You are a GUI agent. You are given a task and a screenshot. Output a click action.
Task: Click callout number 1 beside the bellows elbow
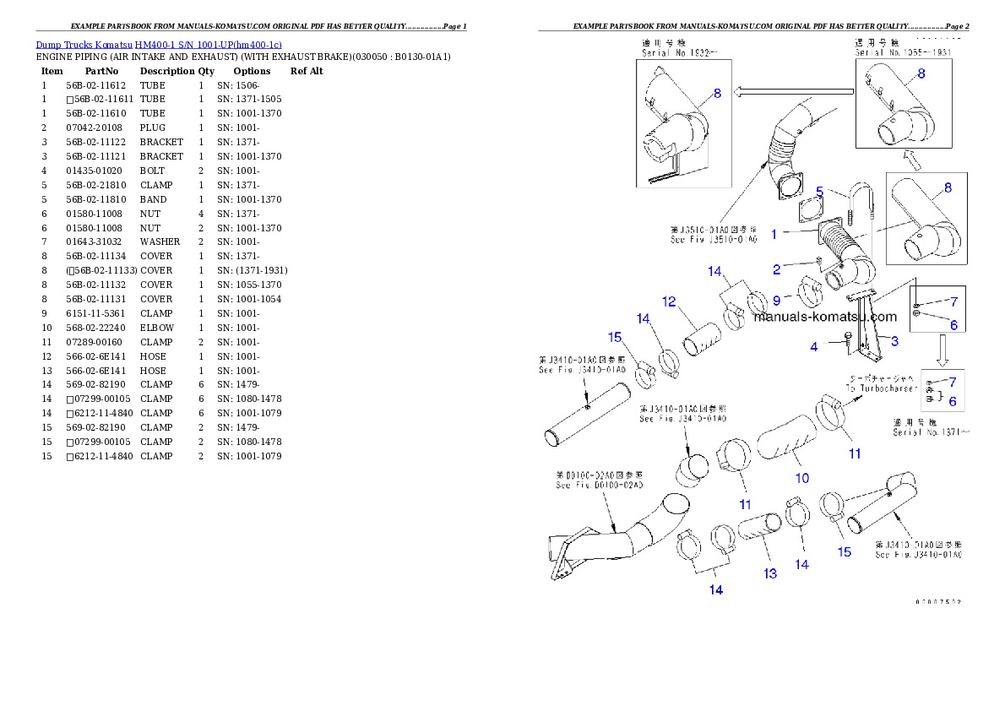773,235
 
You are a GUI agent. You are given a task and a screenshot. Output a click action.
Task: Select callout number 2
777,270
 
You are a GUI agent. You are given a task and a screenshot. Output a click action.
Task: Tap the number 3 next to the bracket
894,340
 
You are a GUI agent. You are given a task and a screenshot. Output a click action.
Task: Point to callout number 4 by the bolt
814,346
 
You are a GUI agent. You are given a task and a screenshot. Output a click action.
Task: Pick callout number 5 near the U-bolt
819,192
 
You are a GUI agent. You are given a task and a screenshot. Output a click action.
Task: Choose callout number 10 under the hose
802,478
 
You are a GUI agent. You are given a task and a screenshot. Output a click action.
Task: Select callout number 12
669,301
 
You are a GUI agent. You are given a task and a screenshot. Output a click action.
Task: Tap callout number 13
770,573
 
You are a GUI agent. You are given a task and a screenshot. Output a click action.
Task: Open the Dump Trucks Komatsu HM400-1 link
159,44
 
